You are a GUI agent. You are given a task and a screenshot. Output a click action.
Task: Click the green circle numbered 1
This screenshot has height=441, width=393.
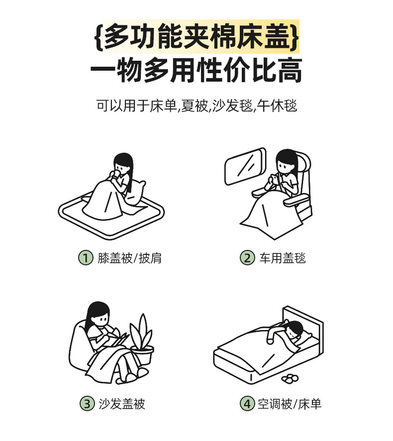(x=86, y=258)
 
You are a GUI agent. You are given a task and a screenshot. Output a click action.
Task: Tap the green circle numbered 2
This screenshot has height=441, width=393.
(x=247, y=258)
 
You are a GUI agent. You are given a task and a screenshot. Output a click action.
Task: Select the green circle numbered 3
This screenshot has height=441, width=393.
(x=87, y=404)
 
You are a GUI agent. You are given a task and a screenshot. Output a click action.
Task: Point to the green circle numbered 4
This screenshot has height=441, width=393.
(x=247, y=404)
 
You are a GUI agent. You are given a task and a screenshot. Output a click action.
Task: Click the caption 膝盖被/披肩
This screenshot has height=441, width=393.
(x=130, y=258)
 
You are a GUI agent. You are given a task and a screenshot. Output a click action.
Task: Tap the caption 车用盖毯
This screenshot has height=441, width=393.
(x=282, y=258)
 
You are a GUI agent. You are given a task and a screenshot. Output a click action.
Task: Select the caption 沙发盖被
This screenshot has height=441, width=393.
(x=122, y=404)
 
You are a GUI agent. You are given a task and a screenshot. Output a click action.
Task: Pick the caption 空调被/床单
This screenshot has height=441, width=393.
(x=290, y=404)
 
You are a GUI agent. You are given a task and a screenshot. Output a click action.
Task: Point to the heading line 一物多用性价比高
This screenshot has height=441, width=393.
(x=196, y=70)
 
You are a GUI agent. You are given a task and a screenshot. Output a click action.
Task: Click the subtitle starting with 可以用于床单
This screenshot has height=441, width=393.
(x=196, y=106)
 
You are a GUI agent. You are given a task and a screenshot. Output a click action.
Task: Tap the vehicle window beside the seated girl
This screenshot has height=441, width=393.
(x=245, y=166)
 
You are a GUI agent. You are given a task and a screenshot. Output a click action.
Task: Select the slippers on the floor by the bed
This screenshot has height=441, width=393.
(x=291, y=378)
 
